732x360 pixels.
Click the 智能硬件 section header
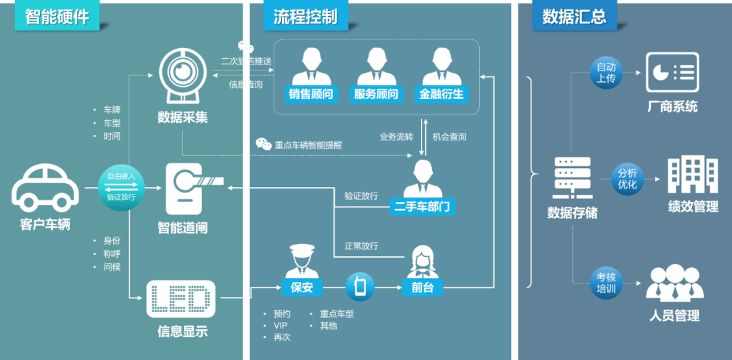(57, 17)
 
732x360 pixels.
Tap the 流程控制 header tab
(305, 17)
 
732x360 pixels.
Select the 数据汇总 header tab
(573, 17)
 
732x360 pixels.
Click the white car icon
(45, 188)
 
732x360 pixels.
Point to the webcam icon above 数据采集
(182, 71)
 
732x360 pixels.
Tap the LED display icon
(181, 299)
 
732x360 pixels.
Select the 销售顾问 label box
(313, 94)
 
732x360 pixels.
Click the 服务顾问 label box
(376, 94)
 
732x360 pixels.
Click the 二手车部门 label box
(423, 206)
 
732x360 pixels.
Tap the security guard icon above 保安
(302, 260)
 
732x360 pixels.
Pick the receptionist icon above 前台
(422, 261)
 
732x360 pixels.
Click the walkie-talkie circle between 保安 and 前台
(360, 287)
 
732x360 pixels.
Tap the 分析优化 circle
(627, 179)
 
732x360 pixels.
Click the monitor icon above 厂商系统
(672, 72)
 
